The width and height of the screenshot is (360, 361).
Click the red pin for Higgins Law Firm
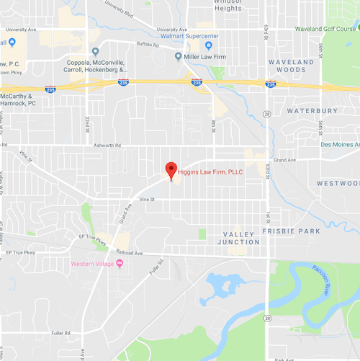[x=171, y=170]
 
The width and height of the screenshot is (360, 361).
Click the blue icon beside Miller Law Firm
[x=179, y=56]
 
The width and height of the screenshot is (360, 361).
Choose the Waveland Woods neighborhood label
[x=292, y=66]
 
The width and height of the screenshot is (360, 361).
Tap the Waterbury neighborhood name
[x=312, y=111]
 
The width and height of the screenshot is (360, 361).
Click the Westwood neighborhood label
[x=338, y=183]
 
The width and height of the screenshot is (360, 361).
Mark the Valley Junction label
[x=240, y=239]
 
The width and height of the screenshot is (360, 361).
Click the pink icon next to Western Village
[x=120, y=262]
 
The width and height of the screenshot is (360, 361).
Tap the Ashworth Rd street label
[x=108, y=145]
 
